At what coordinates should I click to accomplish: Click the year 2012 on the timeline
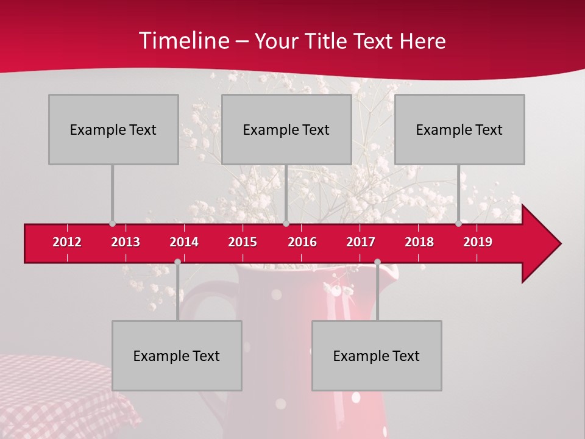click(67, 242)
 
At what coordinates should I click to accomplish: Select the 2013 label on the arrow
click(126, 242)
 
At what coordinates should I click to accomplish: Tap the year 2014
click(184, 242)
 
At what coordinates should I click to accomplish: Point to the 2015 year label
click(243, 242)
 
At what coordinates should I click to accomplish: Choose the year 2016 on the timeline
click(302, 242)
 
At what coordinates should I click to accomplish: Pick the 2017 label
click(361, 242)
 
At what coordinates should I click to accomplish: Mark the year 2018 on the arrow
click(419, 242)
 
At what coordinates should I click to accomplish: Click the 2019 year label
click(478, 242)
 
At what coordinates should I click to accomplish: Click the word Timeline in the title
click(183, 41)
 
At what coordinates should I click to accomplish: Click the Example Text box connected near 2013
click(113, 129)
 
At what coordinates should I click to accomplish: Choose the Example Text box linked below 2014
click(177, 355)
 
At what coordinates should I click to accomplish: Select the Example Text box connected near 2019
click(459, 129)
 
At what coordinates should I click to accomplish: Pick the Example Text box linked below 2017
click(377, 355)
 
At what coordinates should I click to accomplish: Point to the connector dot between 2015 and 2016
click(286, 223)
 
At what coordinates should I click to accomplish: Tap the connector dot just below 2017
click(377, 262)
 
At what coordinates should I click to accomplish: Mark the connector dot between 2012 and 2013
click(113, 223)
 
